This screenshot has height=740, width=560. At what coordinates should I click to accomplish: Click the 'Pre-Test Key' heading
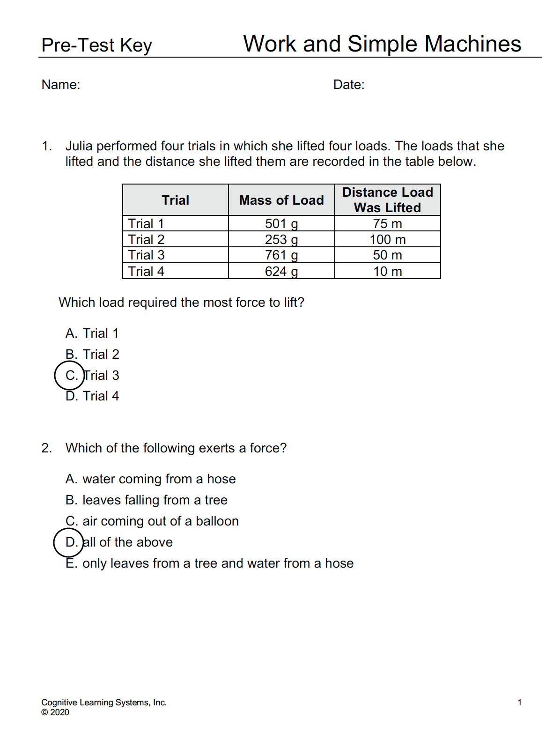[x=96, y=45]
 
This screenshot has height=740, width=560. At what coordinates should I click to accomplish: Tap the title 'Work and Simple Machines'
[x=382, y=44]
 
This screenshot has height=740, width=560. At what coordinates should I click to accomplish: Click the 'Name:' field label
[x=61, y=85]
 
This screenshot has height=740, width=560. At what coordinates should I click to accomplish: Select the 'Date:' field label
[x=349, y=85]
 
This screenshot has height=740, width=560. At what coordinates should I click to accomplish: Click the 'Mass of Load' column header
[x=281, y=200]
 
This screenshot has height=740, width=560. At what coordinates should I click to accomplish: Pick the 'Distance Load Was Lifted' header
[x=388, y=200]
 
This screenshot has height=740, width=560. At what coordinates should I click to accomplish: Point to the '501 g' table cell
[x=281, y=224]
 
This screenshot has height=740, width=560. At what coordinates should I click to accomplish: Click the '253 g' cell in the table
[x=281, y=240]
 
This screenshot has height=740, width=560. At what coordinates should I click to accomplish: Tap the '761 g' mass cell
[x=281, y=255]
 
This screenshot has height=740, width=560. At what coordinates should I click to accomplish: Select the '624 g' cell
[x=281, y=272]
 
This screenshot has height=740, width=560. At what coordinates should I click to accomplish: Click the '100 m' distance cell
[x=388, y=240]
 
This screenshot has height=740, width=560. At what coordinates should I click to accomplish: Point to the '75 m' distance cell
[x=388, y=224]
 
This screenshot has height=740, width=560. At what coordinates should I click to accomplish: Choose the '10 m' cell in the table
[x=388, y=272]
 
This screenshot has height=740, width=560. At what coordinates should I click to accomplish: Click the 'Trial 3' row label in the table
[x=147, y=255]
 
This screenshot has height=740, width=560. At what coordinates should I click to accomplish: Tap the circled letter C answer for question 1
[x=70, y=376]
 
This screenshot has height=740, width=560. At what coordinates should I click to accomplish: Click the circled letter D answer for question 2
[x=69, y=542]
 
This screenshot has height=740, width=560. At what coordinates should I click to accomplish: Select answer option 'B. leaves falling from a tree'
[x=147, y=500]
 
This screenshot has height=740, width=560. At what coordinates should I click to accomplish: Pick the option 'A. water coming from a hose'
[x=151, y=479]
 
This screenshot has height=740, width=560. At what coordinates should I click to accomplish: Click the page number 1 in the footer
[x=519, y=703]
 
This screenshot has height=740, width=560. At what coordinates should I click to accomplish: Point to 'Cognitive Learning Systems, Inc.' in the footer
[x=104, y=703]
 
